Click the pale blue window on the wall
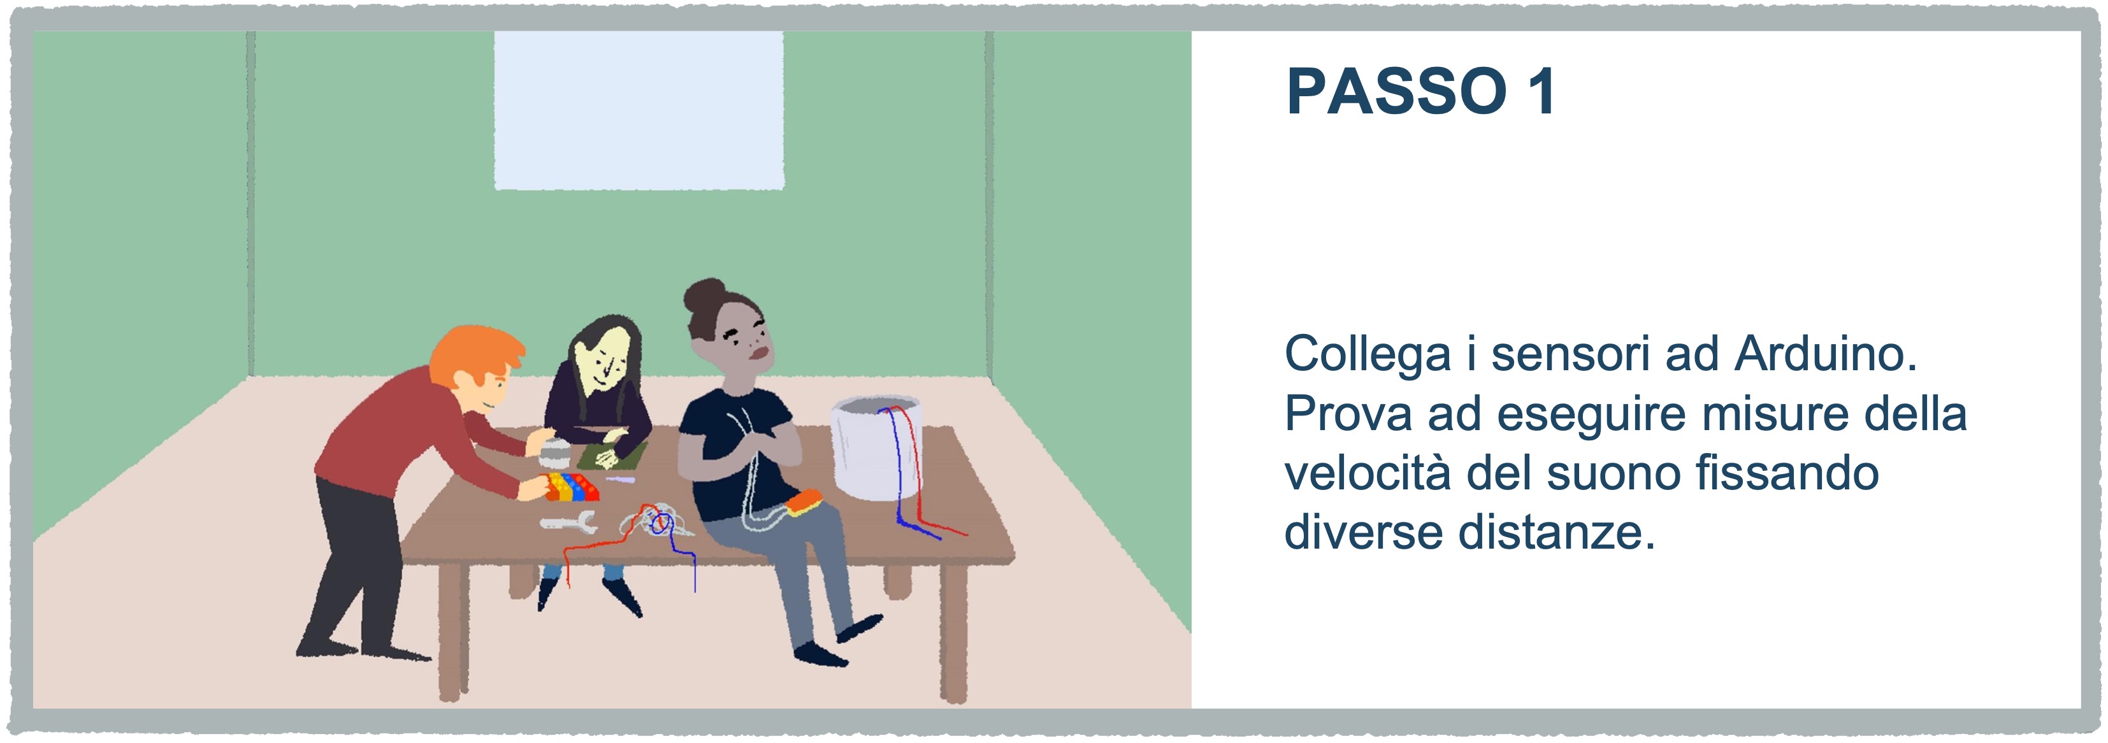(x=639, y=110)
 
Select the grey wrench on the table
(x=568, y=521)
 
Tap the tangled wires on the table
(x=654, y=521)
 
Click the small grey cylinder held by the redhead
(x=556, y=451)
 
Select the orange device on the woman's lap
(x=804, y=502)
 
